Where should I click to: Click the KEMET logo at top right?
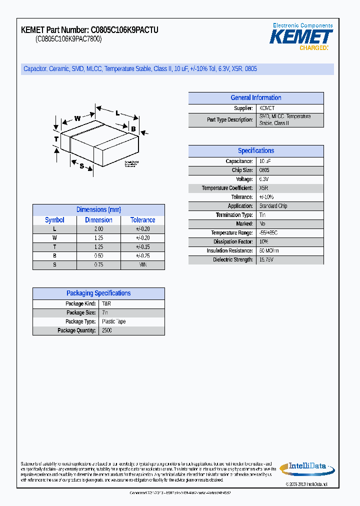[x=301, y=36]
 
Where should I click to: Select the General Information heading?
[x=255, y=98]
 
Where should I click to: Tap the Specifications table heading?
[x=255, y=150]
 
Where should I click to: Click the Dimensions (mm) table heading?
[x=98, y=209]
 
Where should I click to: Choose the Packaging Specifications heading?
[x=98, y=293]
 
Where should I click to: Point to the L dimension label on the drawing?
[x=117, y=113]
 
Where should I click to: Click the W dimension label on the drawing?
[x=77, y=118]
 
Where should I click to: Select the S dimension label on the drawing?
[x=81, y=165]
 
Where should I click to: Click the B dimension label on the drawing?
[x=133, y=129]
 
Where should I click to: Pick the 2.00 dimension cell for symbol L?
[x=98, y=228]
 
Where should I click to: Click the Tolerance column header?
[x=142, y=220]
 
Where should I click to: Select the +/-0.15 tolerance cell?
[x=142, y=246]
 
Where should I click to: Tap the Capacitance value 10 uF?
[x=265, y=161]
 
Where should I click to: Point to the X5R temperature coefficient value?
[x=263, y=188]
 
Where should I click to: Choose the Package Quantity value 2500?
[x=107, y=330]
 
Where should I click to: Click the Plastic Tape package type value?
[x=113, y=321]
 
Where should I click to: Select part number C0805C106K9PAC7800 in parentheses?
[x=68, y=39]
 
